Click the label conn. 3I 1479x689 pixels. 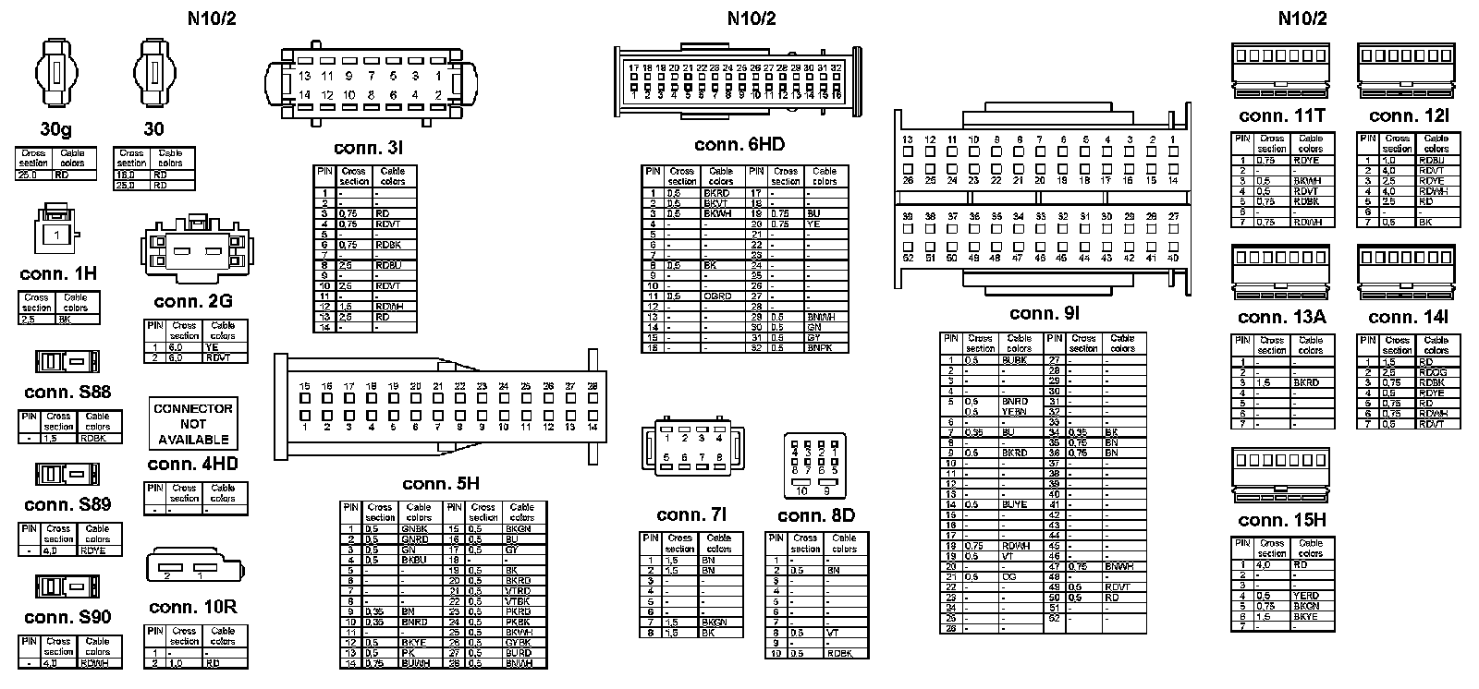[x=368, y=148]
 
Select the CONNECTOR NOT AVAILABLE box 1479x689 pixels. [x=193, y=424]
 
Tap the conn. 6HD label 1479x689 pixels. [x=739, y=145]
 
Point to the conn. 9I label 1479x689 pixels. [x=1045, y=314]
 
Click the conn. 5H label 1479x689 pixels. [x=441, y=484]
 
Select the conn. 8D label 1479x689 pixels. [x=816, y=515]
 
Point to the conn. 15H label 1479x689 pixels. [x=1281, y=520]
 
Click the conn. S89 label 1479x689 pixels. [x=67, y=504]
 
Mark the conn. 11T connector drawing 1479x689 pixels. [x=1282, y=69]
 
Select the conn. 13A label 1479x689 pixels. [x=1282, y=318]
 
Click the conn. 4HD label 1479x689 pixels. [x=193, y=464]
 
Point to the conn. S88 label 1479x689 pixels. [x=67, y=392]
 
